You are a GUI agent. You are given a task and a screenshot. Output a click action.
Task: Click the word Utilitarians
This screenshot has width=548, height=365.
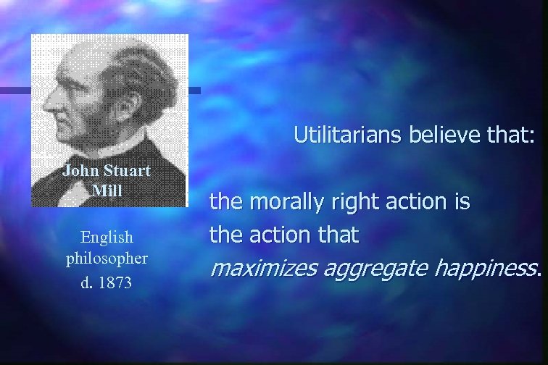tap(338, 135)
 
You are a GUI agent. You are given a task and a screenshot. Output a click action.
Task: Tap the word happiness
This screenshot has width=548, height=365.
tap(486, 269)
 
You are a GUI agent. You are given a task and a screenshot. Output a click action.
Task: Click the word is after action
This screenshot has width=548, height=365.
tap(462, 201)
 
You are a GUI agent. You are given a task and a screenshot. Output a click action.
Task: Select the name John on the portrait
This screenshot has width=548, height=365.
tap(80, 172)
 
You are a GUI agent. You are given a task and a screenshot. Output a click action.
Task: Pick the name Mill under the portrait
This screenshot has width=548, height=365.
tap(107, 190)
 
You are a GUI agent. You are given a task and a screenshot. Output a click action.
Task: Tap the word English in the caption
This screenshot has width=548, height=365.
tap(107, 237)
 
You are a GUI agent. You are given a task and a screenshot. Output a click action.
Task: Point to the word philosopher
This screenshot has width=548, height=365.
tap(107, 258)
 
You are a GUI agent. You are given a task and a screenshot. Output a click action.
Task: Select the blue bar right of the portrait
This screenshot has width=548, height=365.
tap(194, 91)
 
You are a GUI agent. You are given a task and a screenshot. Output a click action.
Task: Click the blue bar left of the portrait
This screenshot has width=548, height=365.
tap(14, 91)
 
